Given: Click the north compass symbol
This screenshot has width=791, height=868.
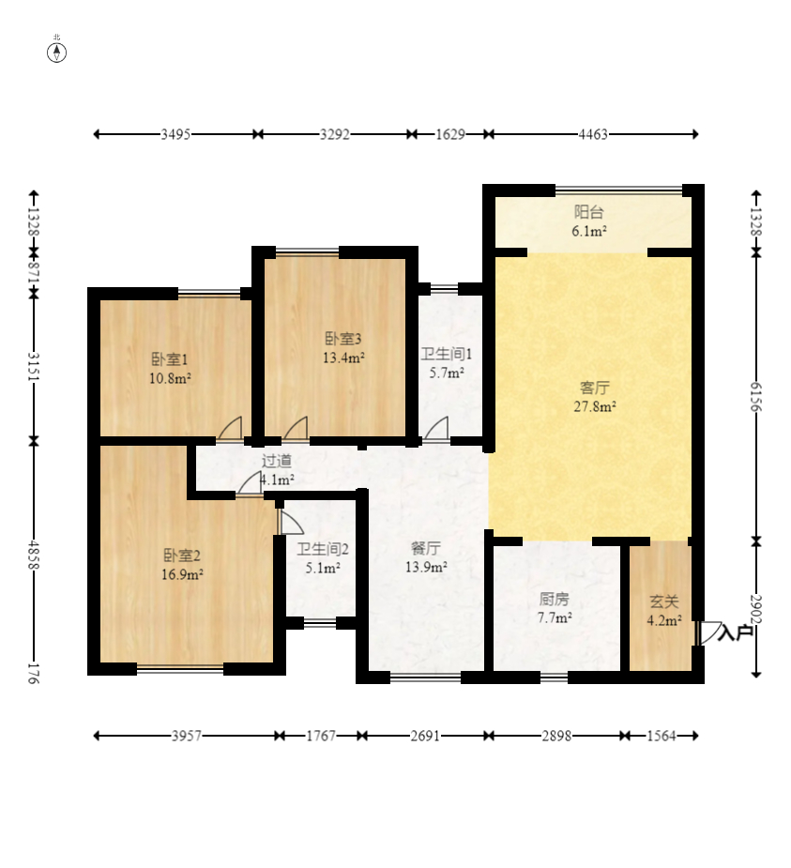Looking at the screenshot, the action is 56,53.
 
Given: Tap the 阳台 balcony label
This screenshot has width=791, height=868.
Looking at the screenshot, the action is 588,212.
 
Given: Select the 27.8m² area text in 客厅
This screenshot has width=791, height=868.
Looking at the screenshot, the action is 595,407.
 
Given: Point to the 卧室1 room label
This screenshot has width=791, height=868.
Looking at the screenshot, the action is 170,359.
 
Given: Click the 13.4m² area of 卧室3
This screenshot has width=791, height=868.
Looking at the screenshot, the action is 343,358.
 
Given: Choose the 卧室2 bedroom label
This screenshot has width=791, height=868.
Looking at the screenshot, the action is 182,556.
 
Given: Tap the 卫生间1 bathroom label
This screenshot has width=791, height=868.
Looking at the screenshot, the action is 447,355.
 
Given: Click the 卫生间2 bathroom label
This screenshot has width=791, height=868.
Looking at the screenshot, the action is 323,549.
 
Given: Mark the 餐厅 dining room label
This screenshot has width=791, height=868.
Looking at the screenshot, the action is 426,548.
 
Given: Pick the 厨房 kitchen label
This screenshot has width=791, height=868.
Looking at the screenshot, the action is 555,599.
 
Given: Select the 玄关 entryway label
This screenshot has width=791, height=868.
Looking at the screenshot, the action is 663,602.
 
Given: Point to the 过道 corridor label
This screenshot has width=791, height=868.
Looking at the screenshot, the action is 277,461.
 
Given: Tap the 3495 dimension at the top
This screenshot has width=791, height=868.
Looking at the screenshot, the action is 175,134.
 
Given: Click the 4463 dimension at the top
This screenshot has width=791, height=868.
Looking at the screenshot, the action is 593,134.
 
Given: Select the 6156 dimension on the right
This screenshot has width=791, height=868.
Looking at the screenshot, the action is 756,396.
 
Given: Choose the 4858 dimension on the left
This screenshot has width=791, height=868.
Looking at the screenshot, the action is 34,556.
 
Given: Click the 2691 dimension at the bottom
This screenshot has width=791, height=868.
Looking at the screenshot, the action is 425,736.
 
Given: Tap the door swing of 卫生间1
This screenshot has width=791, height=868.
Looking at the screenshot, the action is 438,429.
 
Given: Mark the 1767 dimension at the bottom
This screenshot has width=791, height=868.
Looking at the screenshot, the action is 321,736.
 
